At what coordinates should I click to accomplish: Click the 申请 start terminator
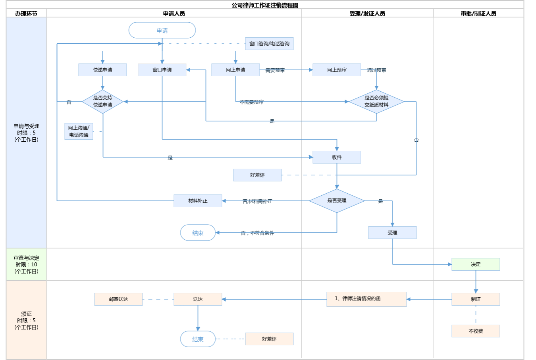[x=162, y=31]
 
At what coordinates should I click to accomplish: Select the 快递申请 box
[x=102, y=70]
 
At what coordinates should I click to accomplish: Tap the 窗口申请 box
[x=162, y=70]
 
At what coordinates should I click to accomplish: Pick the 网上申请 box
[x=235, y=70]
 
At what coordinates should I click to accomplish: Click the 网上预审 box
[x=337, y=70]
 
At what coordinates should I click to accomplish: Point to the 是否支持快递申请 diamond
[x=102, y=102]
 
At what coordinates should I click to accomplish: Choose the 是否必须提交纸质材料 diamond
[x=376, y=102]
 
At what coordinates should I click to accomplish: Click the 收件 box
[x=337, y=157]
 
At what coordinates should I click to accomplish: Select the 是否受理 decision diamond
[x=337, y=201]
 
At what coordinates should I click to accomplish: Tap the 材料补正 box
[x=198, y=201]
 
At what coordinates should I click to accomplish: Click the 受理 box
[x=392, y=233]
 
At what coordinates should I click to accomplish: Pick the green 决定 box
[x=476, y=264]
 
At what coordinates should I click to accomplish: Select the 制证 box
[x=476, y=299]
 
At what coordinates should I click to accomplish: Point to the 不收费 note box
[x=476, y=331]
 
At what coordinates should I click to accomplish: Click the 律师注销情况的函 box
[x=366, y=299]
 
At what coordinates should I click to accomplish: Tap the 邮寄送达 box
[x=118, y=299]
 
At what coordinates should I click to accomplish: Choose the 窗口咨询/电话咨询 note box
[x=269, y=44]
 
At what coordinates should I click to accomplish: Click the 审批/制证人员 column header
[x=478, y=13]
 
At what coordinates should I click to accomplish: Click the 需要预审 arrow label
[x=275, y=70]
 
